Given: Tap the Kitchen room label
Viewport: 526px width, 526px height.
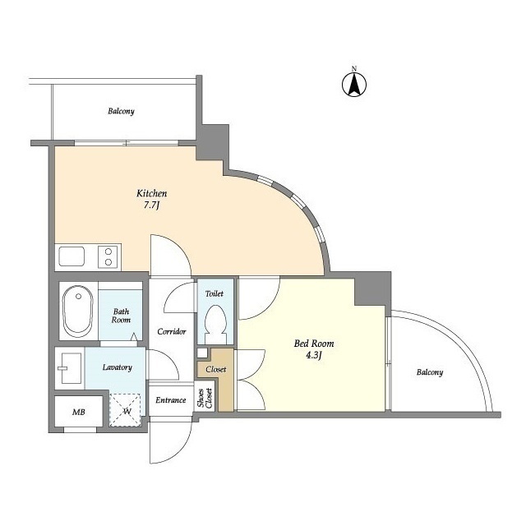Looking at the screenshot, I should tap(152, 195).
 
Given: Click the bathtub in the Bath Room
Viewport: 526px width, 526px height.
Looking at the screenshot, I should tap(78, 310).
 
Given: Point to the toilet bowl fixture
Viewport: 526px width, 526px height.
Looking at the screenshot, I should tap(216, 321).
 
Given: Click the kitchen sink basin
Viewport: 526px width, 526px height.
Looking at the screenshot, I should tap(72, 256).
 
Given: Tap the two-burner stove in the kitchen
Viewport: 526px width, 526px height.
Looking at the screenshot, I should tap(107, 256).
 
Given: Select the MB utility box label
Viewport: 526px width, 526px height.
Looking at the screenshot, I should tap(78, 411).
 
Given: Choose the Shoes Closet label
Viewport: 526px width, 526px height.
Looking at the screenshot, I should tap(204, 398).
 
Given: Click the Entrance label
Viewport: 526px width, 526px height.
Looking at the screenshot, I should tap(170, 400).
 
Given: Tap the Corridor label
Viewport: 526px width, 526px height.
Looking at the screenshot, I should tap(171, 332).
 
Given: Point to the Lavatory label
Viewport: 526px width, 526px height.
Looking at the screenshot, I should tap(118, 367).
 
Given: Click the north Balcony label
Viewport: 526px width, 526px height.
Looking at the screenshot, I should tap(121, 111).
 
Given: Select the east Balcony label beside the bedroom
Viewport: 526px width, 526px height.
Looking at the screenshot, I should tap(428, 372).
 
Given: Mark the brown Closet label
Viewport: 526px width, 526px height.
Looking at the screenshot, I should tap(215, 369).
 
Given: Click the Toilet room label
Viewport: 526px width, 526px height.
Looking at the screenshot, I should tap(215, 293).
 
